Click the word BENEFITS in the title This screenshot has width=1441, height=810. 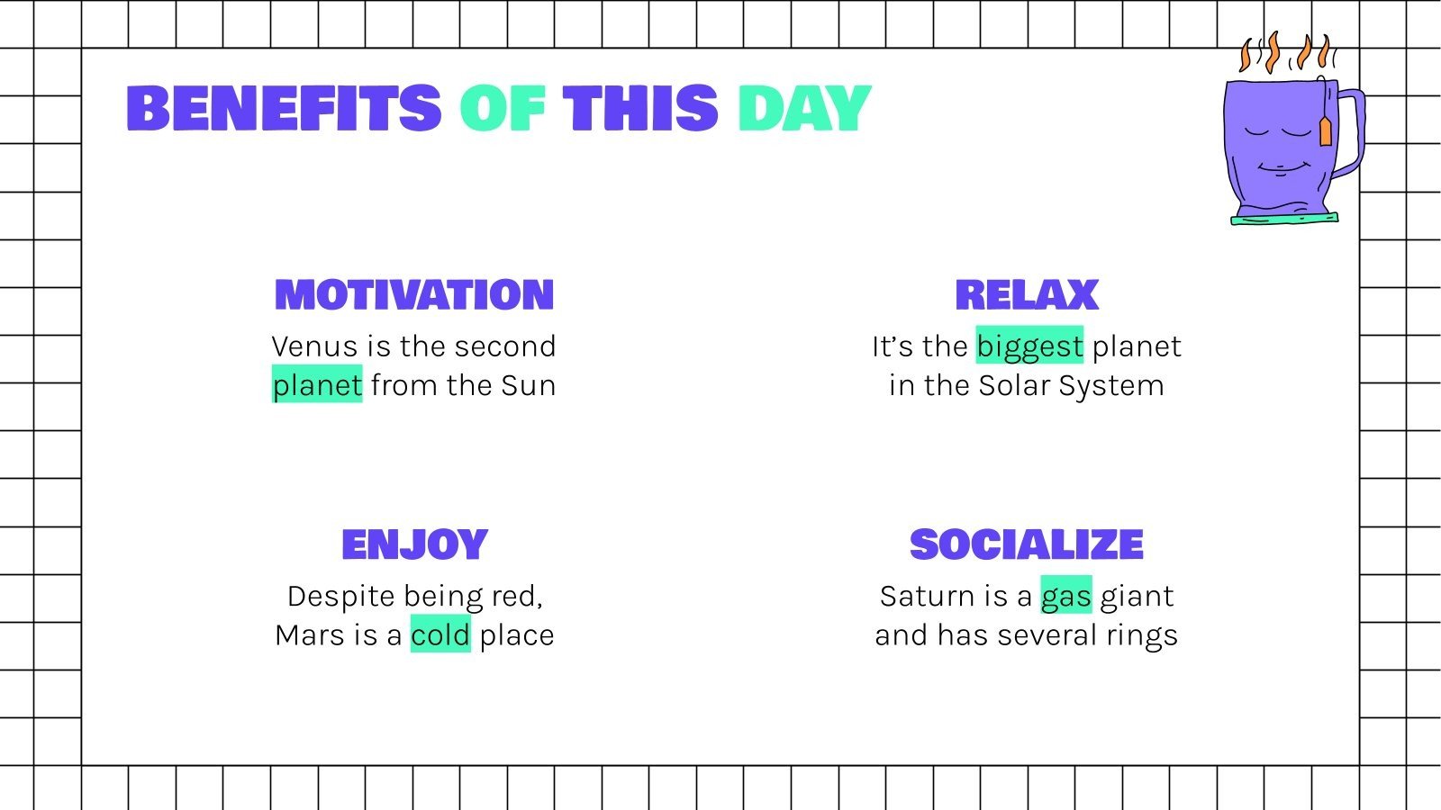(284, 109)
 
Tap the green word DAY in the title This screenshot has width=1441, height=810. (804, 109)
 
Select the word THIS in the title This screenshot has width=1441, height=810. (640, 109)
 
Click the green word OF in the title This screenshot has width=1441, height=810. (502, 109)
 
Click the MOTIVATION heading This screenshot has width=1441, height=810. (414, 295)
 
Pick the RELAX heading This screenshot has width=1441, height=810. (1027, 295)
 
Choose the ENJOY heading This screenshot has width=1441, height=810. (414, 544)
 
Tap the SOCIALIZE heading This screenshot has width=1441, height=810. (1027, 544)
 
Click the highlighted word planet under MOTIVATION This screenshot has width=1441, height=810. (317, 385)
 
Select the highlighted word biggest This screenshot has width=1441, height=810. (1029, 346)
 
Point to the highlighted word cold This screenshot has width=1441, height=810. (440, 635)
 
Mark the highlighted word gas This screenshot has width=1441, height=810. (1066, 596)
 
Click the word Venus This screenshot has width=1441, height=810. (313, 346)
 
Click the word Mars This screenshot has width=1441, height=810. (311, 635)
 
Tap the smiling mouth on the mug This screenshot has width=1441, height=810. (1280, 168)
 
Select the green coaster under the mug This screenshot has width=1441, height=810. (1283, 218)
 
